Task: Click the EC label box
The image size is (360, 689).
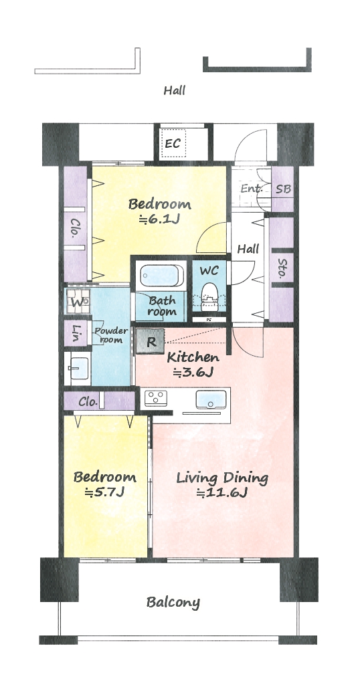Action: click(173, 143)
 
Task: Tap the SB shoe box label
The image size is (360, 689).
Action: click(282, 189)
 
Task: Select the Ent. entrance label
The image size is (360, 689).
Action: click(252, 189)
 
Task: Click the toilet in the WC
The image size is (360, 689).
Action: click(209, 298)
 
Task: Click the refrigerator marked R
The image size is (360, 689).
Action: click(151, 341)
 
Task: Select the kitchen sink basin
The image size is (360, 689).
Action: click(210, 399)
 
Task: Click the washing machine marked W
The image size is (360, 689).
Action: click(78, 302)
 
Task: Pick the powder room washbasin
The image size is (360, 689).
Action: click(79, 367)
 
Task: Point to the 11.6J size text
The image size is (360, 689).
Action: click(222, 493)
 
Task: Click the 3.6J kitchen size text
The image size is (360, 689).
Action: click(193, 373)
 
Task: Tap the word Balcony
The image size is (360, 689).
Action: click(173, 602)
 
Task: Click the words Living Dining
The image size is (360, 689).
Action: click(222, 478)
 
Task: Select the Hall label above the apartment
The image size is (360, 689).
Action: click(175, 91)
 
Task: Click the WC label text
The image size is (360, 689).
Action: click(209, 270)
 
